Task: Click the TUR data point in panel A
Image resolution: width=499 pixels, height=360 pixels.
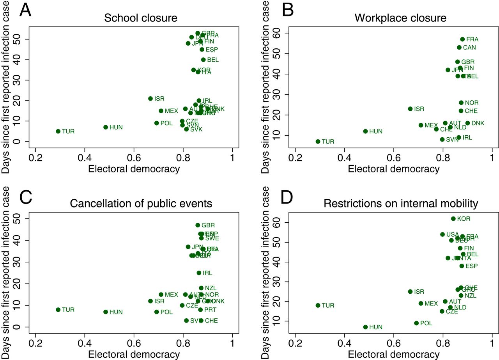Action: pos(58,131)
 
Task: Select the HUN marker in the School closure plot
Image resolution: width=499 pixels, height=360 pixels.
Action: pos(106,127)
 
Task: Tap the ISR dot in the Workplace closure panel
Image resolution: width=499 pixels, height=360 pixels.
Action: pos(410,109)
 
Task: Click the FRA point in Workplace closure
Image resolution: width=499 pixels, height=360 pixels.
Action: pos(462,39)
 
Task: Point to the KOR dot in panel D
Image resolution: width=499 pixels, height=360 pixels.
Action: pos(453,219)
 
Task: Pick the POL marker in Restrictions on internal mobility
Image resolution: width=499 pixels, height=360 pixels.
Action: pos(416,323)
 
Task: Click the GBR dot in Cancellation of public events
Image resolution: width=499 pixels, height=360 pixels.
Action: pos(198,225)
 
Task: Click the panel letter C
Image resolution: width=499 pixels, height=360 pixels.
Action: pos(27,198)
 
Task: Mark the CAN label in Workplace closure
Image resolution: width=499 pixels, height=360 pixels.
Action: pos(469,48)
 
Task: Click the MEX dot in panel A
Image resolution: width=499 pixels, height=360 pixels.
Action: pos(161,111)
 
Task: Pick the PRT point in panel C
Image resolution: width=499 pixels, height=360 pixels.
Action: pos(200,310)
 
